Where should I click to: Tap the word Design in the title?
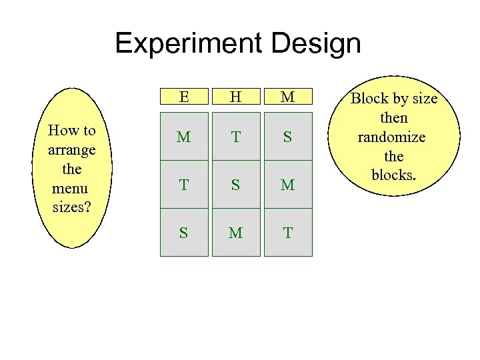[x=316, y=44]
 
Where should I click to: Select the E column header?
[x=184, y=97]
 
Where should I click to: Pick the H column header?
[x=236, y=97]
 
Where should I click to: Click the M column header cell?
[x=288, y=97]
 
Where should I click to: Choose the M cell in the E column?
[x=184, y=137]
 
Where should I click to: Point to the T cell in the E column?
[x=184, y=185]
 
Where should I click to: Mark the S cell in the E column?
[x=184, y=233]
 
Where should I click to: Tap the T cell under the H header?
[x=236, y=137]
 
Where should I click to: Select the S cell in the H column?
[x=236, y=185]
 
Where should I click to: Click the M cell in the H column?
[x=236, y=233]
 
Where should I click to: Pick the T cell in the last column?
[x=288, y=233]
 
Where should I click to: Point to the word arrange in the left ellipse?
[x=72, y=149]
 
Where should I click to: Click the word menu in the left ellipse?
[x=72, y=187]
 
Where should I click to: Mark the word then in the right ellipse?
[x=394, y=118]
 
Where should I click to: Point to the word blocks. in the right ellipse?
[x=394, y=175]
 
